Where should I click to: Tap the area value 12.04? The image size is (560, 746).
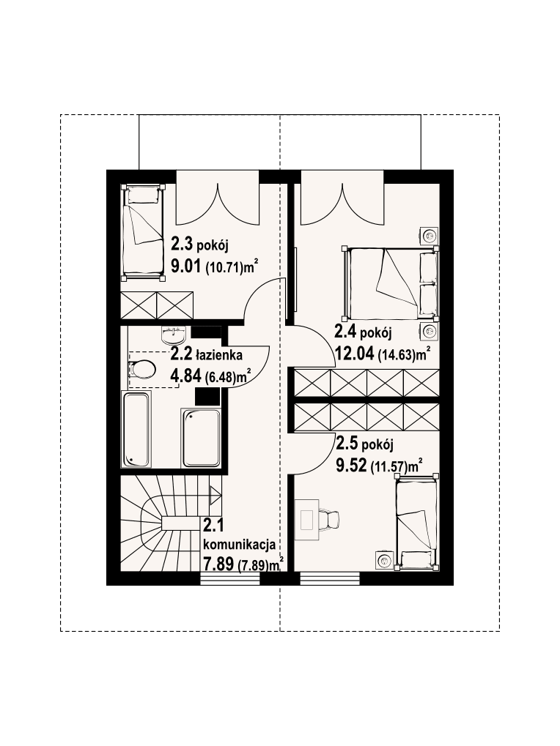tap(353, 355)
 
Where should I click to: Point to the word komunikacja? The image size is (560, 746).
tap(239, 544)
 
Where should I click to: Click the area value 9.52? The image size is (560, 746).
tap(350, 464)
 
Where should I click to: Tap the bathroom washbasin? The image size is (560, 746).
tap(174, 336)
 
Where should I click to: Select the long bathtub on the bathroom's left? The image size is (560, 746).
tap(136, 429)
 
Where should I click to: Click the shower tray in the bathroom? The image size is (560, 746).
tap(201, 437)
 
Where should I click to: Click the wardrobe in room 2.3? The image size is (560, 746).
tap(157, 303)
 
